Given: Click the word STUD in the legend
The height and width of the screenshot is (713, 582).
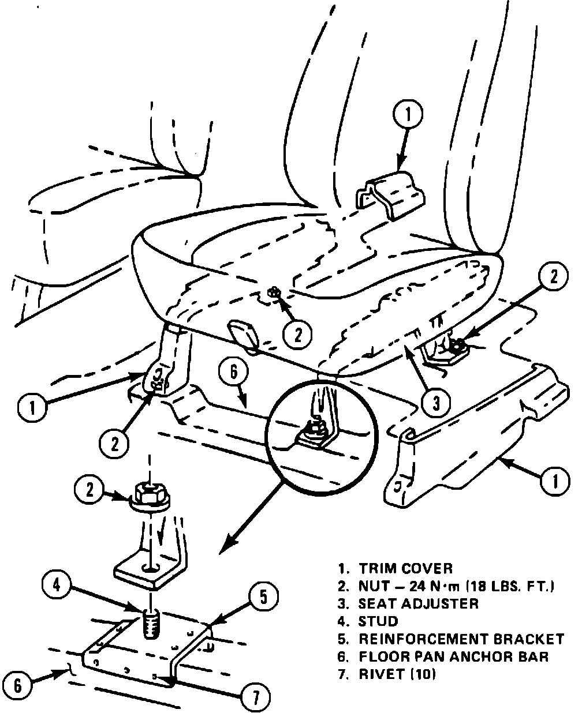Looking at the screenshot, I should [379, 621].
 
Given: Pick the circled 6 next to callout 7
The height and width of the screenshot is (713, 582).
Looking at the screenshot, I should [18, 685].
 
